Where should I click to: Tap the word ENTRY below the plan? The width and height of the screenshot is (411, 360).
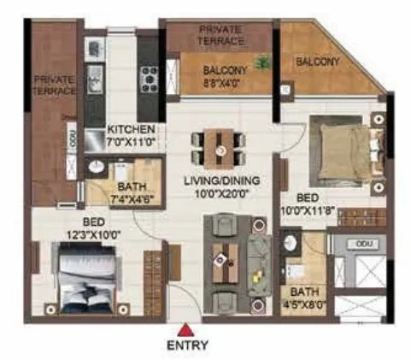click(186, 346)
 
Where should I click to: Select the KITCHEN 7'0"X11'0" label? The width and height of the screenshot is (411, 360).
click(132, 135)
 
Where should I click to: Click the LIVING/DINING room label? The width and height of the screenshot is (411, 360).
click(221, 186)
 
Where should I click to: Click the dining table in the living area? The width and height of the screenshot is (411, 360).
click(221, 147)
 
